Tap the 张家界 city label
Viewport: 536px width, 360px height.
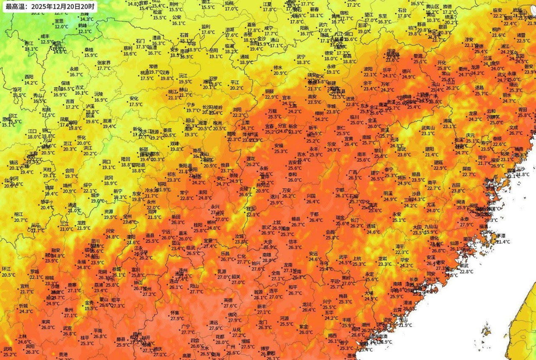(104, 63)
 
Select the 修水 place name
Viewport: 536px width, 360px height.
(278, 67)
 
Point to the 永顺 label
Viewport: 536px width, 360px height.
(74, 69)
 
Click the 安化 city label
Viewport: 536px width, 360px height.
(134, 99)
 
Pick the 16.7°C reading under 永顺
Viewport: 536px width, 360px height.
(76, 75)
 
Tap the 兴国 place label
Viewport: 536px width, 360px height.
(311, 196)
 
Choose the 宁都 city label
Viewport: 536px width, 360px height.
(340, 190)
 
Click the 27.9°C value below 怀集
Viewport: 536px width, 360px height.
(177, 319)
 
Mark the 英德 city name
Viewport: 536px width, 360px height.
(228, 300)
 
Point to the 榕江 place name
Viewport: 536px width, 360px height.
(18, 214)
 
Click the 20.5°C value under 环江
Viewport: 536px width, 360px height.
(8, 275)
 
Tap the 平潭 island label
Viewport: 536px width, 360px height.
(501, 236)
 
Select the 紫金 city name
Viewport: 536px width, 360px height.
(304, 327)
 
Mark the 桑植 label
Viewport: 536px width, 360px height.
(89, 49)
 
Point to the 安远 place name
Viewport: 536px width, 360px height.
(313, 254)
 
